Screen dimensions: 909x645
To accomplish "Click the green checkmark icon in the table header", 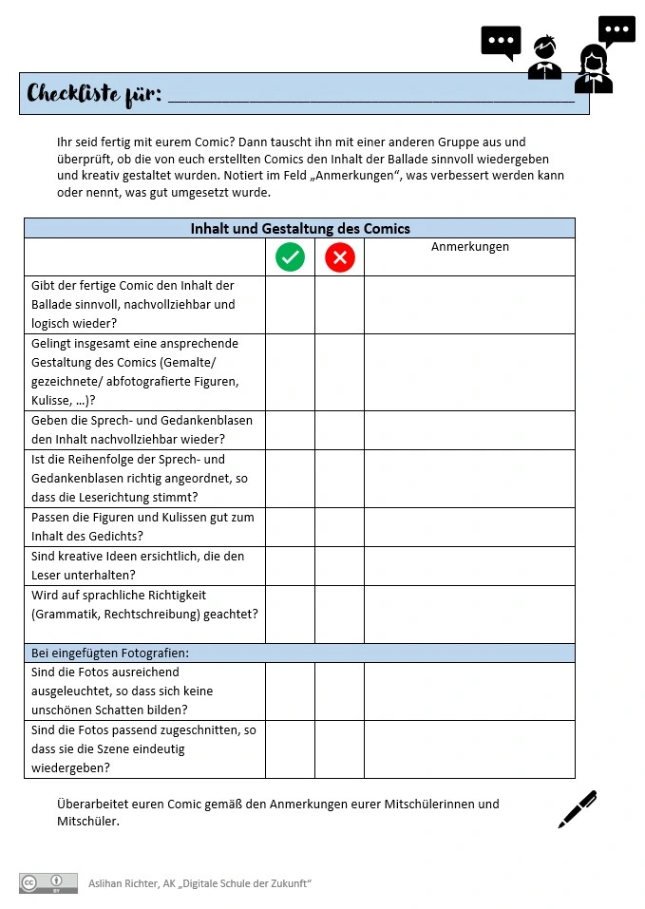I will [290, 257].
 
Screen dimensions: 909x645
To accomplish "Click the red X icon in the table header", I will [339, 257].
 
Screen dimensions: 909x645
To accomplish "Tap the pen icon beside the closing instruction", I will [578, 809].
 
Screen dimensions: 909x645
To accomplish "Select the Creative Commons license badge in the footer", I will [48, 883].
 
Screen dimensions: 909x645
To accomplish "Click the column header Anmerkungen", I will [470, 247].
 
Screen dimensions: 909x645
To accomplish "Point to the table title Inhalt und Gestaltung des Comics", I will [300, 228].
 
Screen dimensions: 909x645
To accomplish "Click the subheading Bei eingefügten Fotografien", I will [110, 653].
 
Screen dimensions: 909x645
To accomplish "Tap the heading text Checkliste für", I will [94, 94].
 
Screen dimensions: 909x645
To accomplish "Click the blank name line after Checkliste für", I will [370, 97].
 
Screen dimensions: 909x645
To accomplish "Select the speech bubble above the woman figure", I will [617, 30].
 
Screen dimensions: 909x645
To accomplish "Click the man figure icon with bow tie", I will [545, 59].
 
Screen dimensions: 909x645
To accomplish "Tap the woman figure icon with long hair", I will [594, 70].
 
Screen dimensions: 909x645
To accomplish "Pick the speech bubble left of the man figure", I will [501, 42].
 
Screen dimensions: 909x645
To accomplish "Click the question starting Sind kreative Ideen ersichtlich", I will [138, 566].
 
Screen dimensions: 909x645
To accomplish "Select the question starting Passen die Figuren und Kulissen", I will [142, 527].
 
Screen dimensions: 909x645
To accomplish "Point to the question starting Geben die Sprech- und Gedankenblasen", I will [142, 429].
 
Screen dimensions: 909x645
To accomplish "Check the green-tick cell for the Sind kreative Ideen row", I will [290, 566].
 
